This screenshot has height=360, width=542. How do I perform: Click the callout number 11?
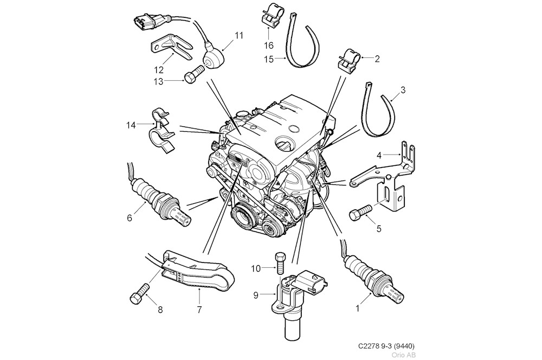(238, 36)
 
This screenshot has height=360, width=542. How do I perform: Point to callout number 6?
(130, 218)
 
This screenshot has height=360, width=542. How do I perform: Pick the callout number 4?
(382, 155)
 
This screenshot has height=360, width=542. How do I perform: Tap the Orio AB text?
(404, 355)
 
